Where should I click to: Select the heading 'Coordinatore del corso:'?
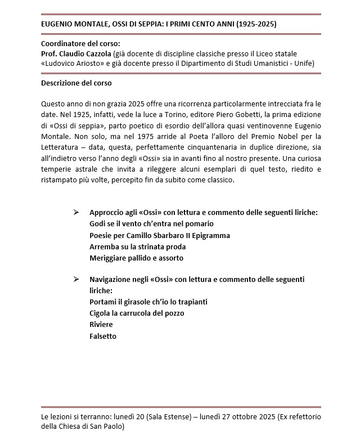(81, 44)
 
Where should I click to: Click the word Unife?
(304, 64)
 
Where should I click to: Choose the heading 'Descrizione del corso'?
(76, 83)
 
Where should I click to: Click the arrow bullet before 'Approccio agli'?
(76, 213)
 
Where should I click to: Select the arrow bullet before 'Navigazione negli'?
(76, 280)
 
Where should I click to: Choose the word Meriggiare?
(109, 258)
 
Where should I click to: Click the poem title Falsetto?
(103, 336)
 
